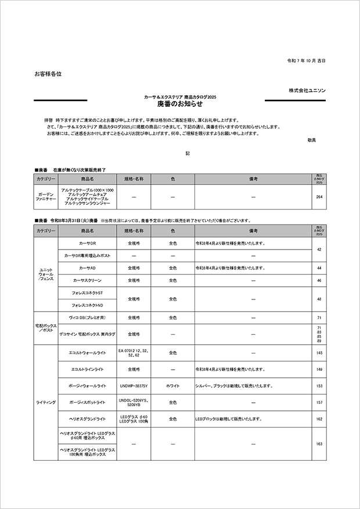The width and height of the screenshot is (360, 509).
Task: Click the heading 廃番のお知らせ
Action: click(x=179, y=104)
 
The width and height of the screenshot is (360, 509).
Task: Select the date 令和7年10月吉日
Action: click(x=307, y=60)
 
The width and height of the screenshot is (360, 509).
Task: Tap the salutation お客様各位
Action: click(x=48, y=74)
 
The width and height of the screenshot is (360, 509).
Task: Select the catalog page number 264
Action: click(x=319, y=197)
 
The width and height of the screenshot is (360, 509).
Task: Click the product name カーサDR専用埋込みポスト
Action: click(x=87, y=255)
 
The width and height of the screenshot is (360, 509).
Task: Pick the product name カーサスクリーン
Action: click(x=87, y=281)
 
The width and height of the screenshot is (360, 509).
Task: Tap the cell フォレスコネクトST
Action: click(x=87, y=293)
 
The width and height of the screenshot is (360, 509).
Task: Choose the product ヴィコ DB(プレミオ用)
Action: click(x=87, y=318)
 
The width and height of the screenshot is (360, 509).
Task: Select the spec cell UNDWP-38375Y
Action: click(x=134, y=385)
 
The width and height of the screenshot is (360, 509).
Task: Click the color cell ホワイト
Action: click(x=173, y=385)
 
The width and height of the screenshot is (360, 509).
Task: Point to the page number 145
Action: click(x=319, y=352)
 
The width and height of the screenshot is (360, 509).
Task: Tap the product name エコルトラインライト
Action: click(x=87, y=369)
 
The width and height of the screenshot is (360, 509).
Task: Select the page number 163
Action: click(x=319, y=443)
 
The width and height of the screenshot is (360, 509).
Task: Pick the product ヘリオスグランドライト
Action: click(x=87, y=418)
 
